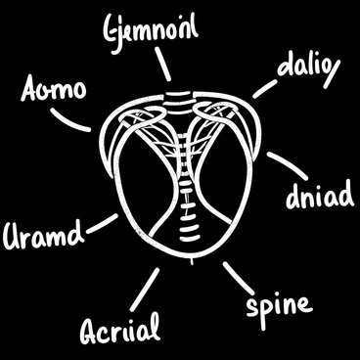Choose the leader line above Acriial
tap(149, 287)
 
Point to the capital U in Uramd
tap(15, 236)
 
